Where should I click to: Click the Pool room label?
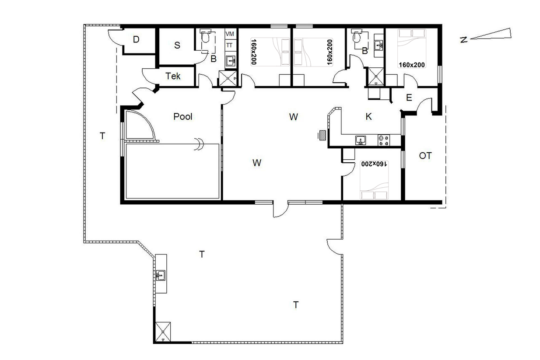[183, 117]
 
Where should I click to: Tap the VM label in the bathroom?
[230, 34]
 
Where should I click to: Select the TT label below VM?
[229, 45]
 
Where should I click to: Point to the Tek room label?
[173, 76]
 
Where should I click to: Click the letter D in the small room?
[136, 39]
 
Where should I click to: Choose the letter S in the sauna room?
[177, 45]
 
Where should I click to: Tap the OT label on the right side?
[425, 156]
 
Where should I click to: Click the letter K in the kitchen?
[368, 117]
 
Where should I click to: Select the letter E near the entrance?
[409, 98]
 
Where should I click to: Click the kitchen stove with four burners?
[383, 140]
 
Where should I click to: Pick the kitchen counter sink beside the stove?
[361, 140]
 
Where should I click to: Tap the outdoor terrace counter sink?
[161, 275]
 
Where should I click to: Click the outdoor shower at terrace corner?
[163, 332]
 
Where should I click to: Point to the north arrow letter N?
[464, 39]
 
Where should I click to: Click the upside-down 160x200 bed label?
[374, 164]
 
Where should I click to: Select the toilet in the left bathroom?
[205, 37]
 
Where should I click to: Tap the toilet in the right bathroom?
[356, 37]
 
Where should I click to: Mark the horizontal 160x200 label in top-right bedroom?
[412, 65]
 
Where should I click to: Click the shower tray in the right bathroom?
[376, 77]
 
